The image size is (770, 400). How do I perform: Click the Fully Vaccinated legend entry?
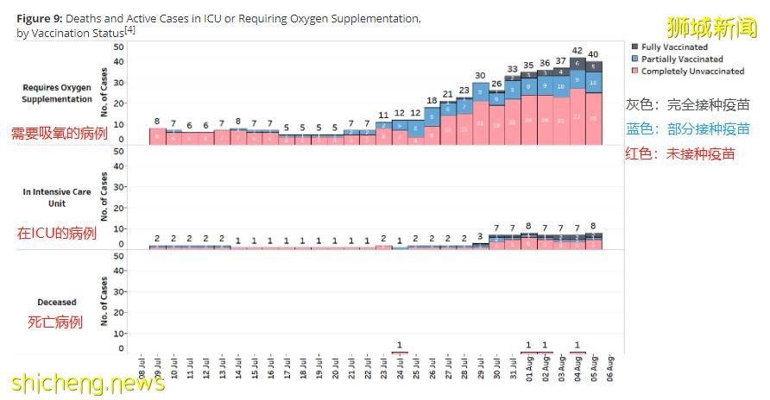[x=674, y=47]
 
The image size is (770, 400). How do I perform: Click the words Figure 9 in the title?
[x=39, y=18]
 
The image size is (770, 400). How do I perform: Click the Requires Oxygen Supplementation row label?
[x=57, y=93]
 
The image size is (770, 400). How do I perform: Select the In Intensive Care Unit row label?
[x=57, y=197]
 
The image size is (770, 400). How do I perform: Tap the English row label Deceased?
[x=57, y=303]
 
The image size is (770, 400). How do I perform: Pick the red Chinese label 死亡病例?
[x=55, y=322]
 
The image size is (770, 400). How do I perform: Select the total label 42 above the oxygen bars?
[x=577, y=51]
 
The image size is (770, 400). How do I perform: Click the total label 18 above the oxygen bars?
[x=432, y=101]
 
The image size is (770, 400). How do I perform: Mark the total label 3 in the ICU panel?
[x=480, y=236]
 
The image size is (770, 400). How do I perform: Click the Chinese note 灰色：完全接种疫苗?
[x=688, y=104]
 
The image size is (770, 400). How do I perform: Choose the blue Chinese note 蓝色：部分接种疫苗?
[x=688, y=129]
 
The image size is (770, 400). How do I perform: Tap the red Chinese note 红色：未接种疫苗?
[x=680, y=154]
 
